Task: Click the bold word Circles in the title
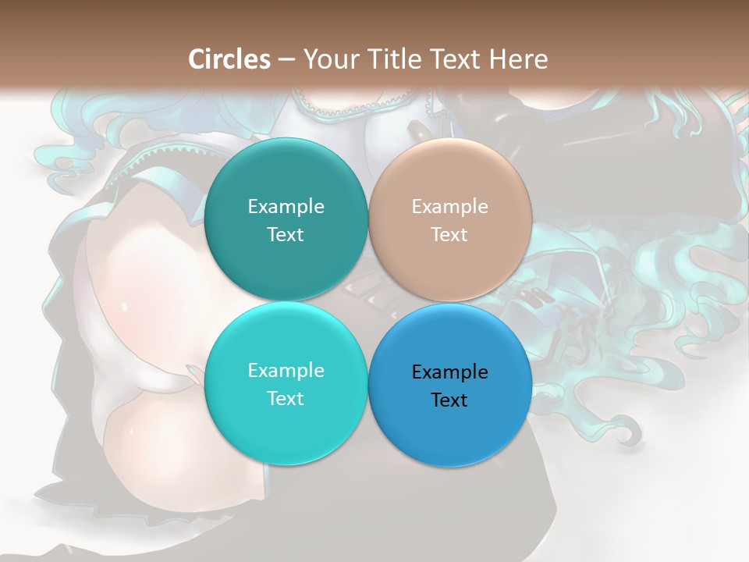(229, 59)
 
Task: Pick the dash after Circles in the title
(286, 59)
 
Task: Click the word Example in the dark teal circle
(286, 206)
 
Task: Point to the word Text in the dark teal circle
(286, 234)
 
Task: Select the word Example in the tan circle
(450, 206)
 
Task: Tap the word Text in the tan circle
(450, 234)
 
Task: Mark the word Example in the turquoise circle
(286, 370)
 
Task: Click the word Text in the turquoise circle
(286, 398)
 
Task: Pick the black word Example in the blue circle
(450, 372)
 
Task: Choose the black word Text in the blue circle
(450, 400)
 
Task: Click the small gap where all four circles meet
(368, 302)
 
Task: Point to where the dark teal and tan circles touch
(368, 220)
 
